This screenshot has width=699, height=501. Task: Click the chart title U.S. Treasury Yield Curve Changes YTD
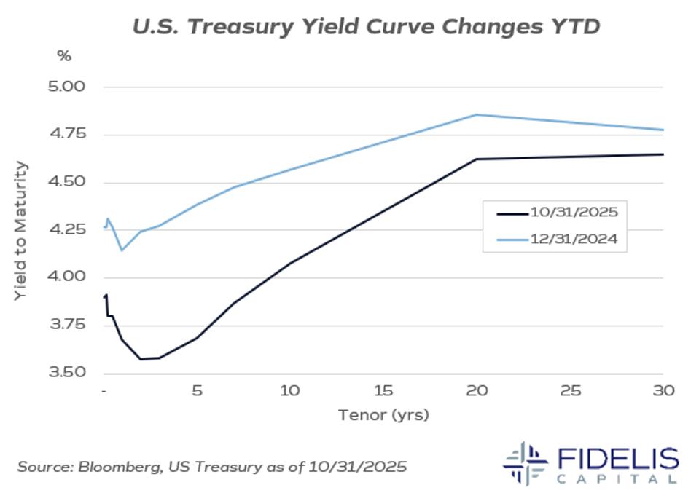click(x=366, y=27)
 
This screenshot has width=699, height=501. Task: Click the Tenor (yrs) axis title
click(x=383, y=416)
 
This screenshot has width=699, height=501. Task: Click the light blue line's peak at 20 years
click(x=477, y=114)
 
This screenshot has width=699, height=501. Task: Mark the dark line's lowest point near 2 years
click(x=141, y=359)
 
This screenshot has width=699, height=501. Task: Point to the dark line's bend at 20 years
click(x=477, y=159)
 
